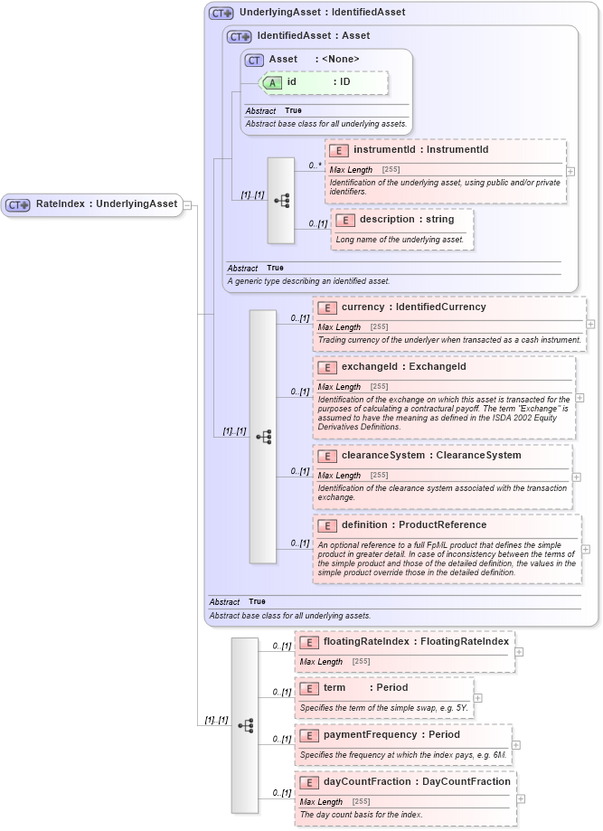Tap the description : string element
[406, 220]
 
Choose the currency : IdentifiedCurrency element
[413, 307]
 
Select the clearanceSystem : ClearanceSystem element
[430, 456]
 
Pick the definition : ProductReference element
[413, 525]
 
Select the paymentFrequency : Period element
[404, 735]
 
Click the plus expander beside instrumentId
[571, 170]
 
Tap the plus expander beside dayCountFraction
[522, 798]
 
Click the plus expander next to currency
[590, 323]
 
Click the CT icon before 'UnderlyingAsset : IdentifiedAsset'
[221, 14]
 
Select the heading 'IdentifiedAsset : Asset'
[313, 36]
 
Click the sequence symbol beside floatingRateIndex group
[245, 725]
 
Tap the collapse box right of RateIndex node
[187, 204]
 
